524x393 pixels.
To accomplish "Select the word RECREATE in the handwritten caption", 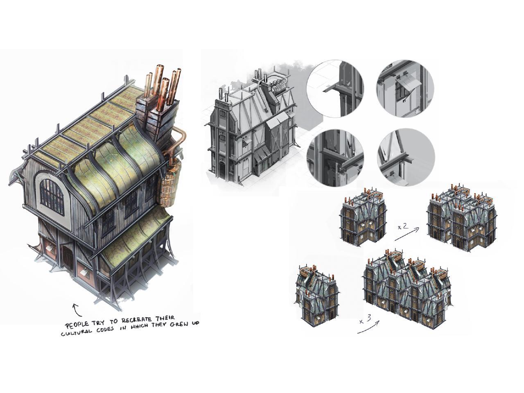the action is click(x=136, y=320).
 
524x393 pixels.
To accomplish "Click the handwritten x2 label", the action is click(x=402, y=227).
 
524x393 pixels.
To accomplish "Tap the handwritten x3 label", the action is click(x=365, y=320).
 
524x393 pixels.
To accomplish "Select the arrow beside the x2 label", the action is click(x=407, y=234).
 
